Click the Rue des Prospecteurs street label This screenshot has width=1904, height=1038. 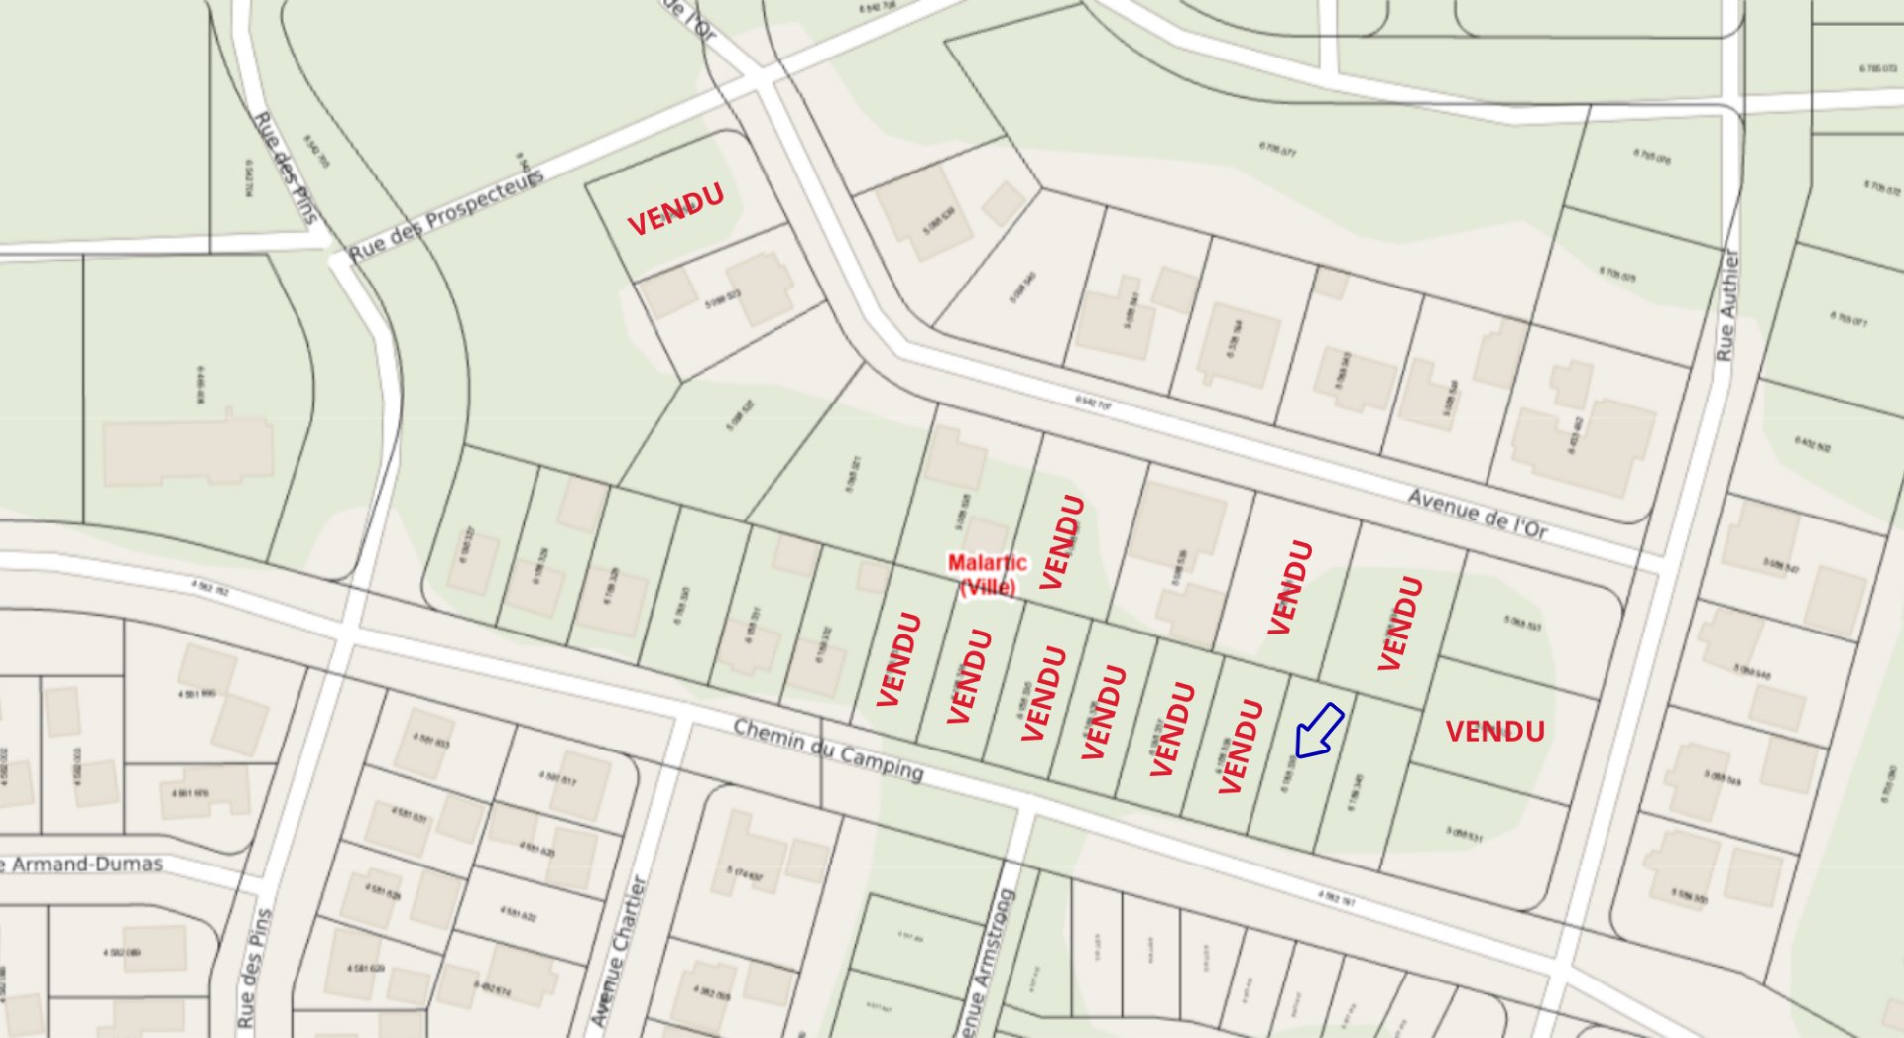[446, 215]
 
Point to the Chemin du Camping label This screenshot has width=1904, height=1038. [828, 749]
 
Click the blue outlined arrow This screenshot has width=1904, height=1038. [1318, 732]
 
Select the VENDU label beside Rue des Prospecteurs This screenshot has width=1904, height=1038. [675, 209]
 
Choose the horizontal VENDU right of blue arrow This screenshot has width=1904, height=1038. [1494, 732]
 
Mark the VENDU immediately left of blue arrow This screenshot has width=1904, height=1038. [1240, 746]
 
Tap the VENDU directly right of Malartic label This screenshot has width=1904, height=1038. [1061, 541]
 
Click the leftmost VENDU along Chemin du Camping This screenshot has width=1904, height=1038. [899, 659]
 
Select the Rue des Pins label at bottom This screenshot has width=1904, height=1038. [254, 967]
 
